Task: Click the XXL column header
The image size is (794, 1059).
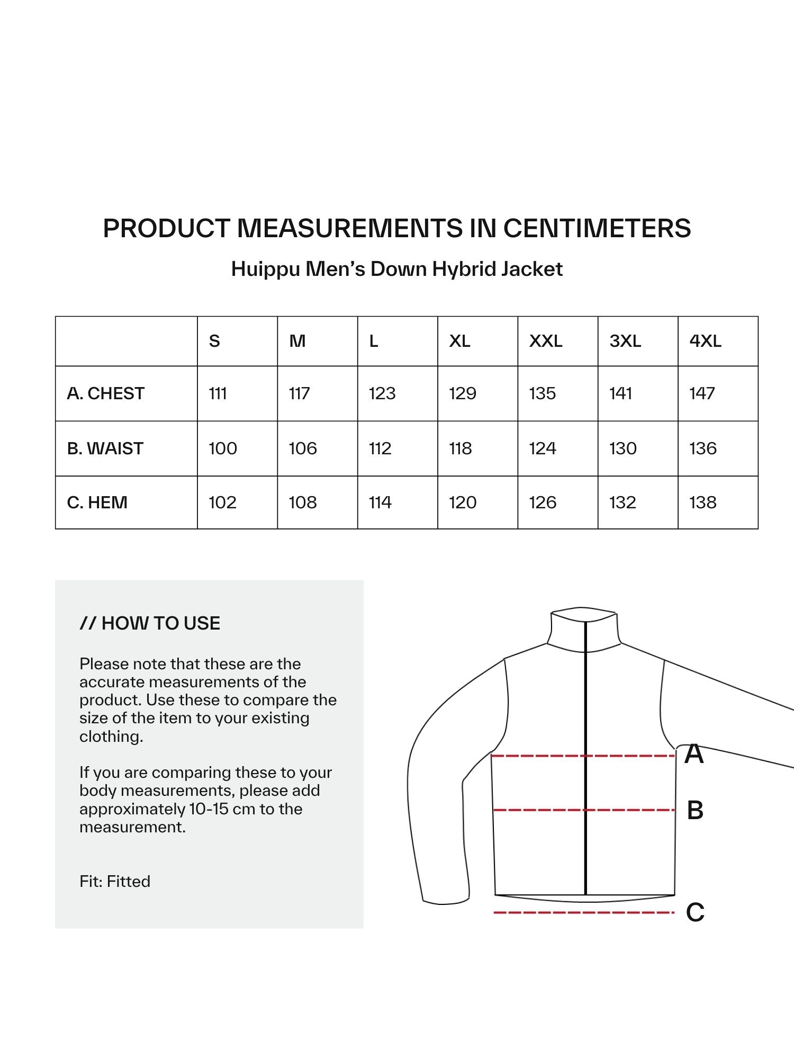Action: tap(546, 341)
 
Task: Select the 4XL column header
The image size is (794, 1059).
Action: tap(705, 341)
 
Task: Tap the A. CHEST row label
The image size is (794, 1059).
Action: tap(106, 393)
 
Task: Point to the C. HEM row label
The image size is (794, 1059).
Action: tap(97, 502)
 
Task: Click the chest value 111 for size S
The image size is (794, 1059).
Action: tap(218, 393)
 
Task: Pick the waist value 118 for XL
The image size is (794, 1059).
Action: tap(461, 448)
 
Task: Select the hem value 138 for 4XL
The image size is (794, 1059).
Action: tap(703, 502)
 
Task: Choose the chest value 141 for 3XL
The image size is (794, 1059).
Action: tap(620, 393)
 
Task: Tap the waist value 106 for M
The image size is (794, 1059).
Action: tap(303, 448)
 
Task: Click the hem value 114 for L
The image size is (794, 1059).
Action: tap(380, 502)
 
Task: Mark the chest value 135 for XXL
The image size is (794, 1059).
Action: tap(543, 393)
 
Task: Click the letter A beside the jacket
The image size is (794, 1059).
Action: tap(694, 754)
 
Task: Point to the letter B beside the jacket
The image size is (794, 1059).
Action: tap(695, 810)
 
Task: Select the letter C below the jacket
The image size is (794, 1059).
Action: tap(695, 912)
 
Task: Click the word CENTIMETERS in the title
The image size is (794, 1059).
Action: tap(597, 228)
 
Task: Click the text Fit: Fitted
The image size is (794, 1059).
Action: tap(115, 881)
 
